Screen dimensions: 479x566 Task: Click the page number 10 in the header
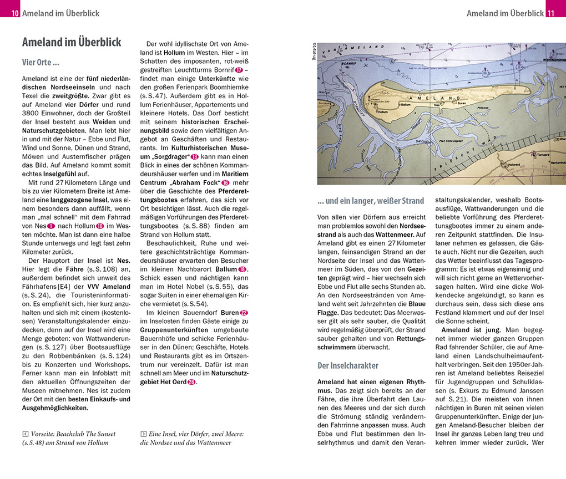coord(15,13)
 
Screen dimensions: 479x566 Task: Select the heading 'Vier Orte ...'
coord(41,63)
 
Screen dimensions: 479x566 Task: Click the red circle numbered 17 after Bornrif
coord(239,70)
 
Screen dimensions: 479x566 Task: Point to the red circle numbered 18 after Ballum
coord(242,269)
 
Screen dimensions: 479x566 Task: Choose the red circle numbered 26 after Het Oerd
coord(191,381)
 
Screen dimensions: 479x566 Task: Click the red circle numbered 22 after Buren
coord(243,313)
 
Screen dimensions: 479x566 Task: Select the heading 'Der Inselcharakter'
coord(348,366)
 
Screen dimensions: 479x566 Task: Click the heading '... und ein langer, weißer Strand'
coord(371,201)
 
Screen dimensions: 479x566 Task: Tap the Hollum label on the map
coord(382,111)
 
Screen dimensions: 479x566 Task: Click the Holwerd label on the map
coord(514,164)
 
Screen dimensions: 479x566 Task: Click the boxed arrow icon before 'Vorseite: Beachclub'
coord(26,434)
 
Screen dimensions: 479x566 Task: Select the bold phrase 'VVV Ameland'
coord(108,287)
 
